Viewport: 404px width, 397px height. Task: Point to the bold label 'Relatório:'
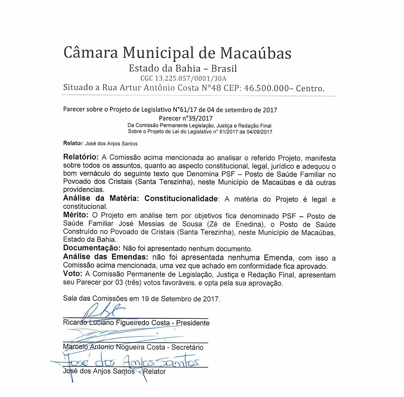pos(82,157)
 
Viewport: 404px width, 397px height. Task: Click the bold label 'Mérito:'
pos(77,215)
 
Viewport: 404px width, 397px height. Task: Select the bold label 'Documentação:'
pos(91,248)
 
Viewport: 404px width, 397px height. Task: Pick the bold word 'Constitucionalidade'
pos(182,199)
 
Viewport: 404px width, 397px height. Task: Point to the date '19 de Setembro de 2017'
pos(181,298)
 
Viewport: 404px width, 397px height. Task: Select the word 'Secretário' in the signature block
pos(185,347)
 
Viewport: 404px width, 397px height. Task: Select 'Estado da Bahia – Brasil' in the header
pos(183,69)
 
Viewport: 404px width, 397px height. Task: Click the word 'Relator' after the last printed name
pos(154,371)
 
